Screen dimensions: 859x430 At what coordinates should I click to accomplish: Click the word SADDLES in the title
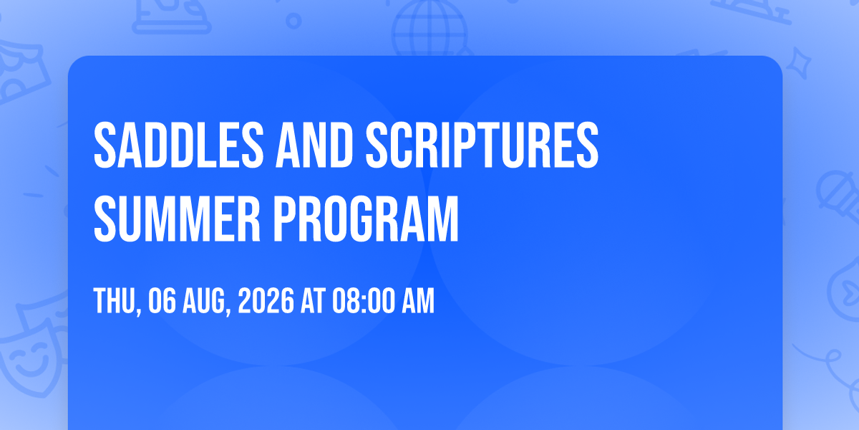pos(179,145)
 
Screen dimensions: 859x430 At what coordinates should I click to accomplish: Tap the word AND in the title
pos(314,145)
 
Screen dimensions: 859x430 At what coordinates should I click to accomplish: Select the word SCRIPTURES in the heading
pos(482,145)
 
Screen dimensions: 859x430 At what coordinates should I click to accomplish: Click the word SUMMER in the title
pos(178,219)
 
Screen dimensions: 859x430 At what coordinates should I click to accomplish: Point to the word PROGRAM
pos(366,219)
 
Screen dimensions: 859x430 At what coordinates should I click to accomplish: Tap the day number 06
pos(162,301)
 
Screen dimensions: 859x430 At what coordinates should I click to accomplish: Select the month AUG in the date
pos(204,301)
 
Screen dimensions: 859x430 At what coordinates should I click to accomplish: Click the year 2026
pos(266,301)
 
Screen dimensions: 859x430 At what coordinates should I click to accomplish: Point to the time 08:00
pos(364,301)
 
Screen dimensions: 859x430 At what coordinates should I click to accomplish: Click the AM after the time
pos(418,301)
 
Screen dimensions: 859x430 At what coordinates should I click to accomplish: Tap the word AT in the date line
pos(314,301)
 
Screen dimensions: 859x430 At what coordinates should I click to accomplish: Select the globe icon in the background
pos(429,29)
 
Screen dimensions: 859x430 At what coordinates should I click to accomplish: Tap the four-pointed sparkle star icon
pos(799,63)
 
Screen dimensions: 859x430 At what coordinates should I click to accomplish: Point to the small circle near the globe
pos(293,21)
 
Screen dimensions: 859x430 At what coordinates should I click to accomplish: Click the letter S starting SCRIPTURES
pos(377,145)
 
